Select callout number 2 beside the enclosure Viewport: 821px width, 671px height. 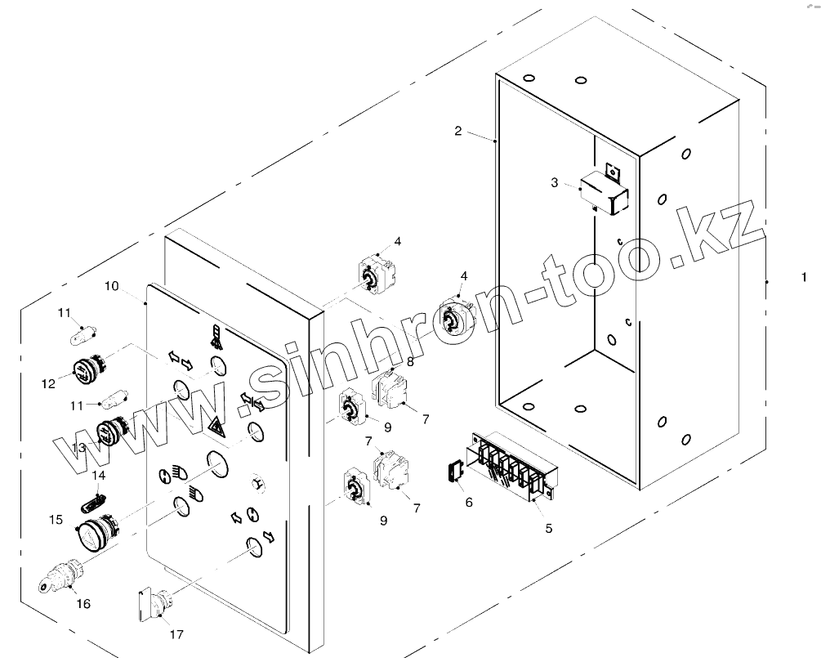tap(458, 131)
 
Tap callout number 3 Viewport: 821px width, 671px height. tap(555, 183)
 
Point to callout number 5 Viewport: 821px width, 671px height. tap(549, 529)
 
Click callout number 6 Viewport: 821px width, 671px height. tap(469, 502)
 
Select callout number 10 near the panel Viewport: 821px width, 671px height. tap(112, 286)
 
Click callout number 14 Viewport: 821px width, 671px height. tap(99, 475)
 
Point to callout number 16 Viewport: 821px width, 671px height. tap(83, 604)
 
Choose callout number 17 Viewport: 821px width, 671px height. tap(176, 633)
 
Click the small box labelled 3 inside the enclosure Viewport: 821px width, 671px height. tap(604, 195)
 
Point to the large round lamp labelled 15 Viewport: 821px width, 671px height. tap(94, 534)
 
